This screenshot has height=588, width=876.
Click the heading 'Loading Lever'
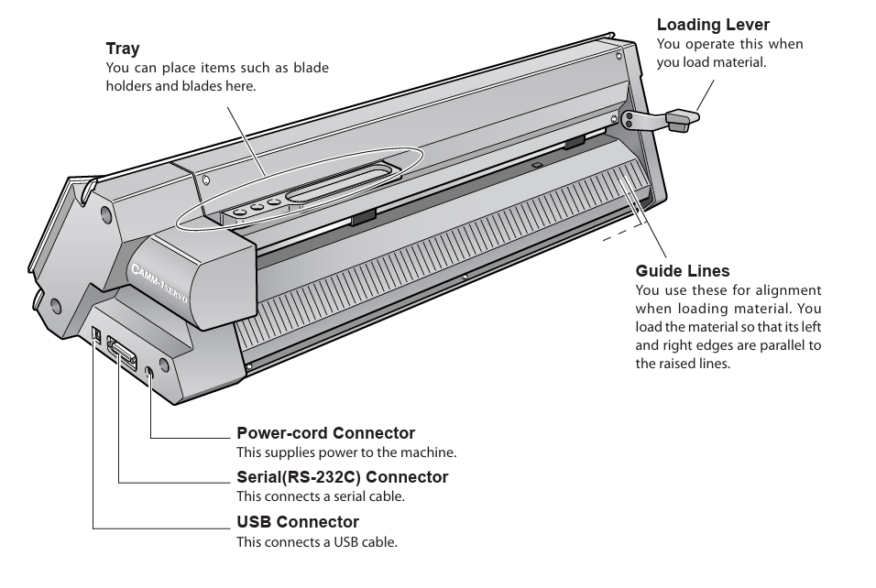point(713,25)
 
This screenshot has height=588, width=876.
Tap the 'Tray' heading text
point(122,49)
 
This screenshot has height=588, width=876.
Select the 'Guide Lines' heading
point(683,270)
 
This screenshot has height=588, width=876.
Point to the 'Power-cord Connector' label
point(325,433)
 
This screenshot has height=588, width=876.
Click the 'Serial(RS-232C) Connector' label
point(342,477)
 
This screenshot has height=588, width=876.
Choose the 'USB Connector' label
point(298,522)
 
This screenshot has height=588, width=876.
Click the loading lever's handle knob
point(680,120)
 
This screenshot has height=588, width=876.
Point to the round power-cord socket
point(149,371)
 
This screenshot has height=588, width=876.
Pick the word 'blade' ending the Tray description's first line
point(312,69)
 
